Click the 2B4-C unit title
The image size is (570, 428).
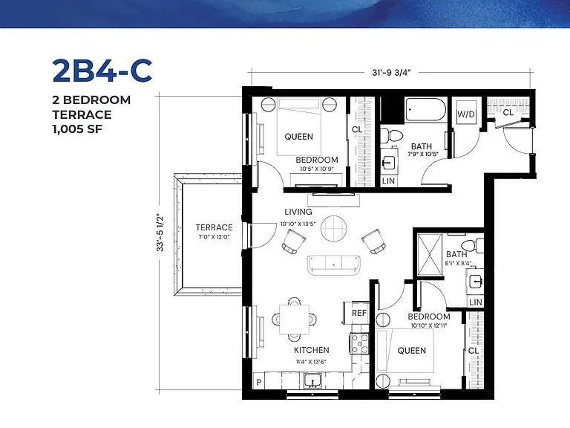tap(102, 71)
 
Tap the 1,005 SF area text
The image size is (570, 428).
tap(77, 129)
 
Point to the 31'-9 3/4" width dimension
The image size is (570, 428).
tap(391, 72)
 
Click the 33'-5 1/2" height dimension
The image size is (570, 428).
tap(160, 232)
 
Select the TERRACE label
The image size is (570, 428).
tap(214, 227)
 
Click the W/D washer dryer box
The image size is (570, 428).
tap(466, 113)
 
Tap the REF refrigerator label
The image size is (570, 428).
tap(359, 313)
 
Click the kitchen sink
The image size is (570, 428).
tap(312, 381)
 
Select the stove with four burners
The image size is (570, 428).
tap(359, 343)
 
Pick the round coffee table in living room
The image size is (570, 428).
tap(334, 229)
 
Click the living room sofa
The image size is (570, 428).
tap(334, 265)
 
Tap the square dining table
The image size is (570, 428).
tap(295, 320)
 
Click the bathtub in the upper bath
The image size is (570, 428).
tap(426, 109)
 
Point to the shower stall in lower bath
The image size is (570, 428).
tap(430, 255)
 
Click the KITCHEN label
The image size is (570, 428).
tap(312, 350)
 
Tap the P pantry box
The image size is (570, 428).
tap(259, 382)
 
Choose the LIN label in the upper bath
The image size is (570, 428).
tap(388, 181)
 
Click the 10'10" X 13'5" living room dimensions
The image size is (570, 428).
tap(298, 224)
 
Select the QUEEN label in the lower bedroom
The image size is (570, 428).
tap(411, 351)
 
